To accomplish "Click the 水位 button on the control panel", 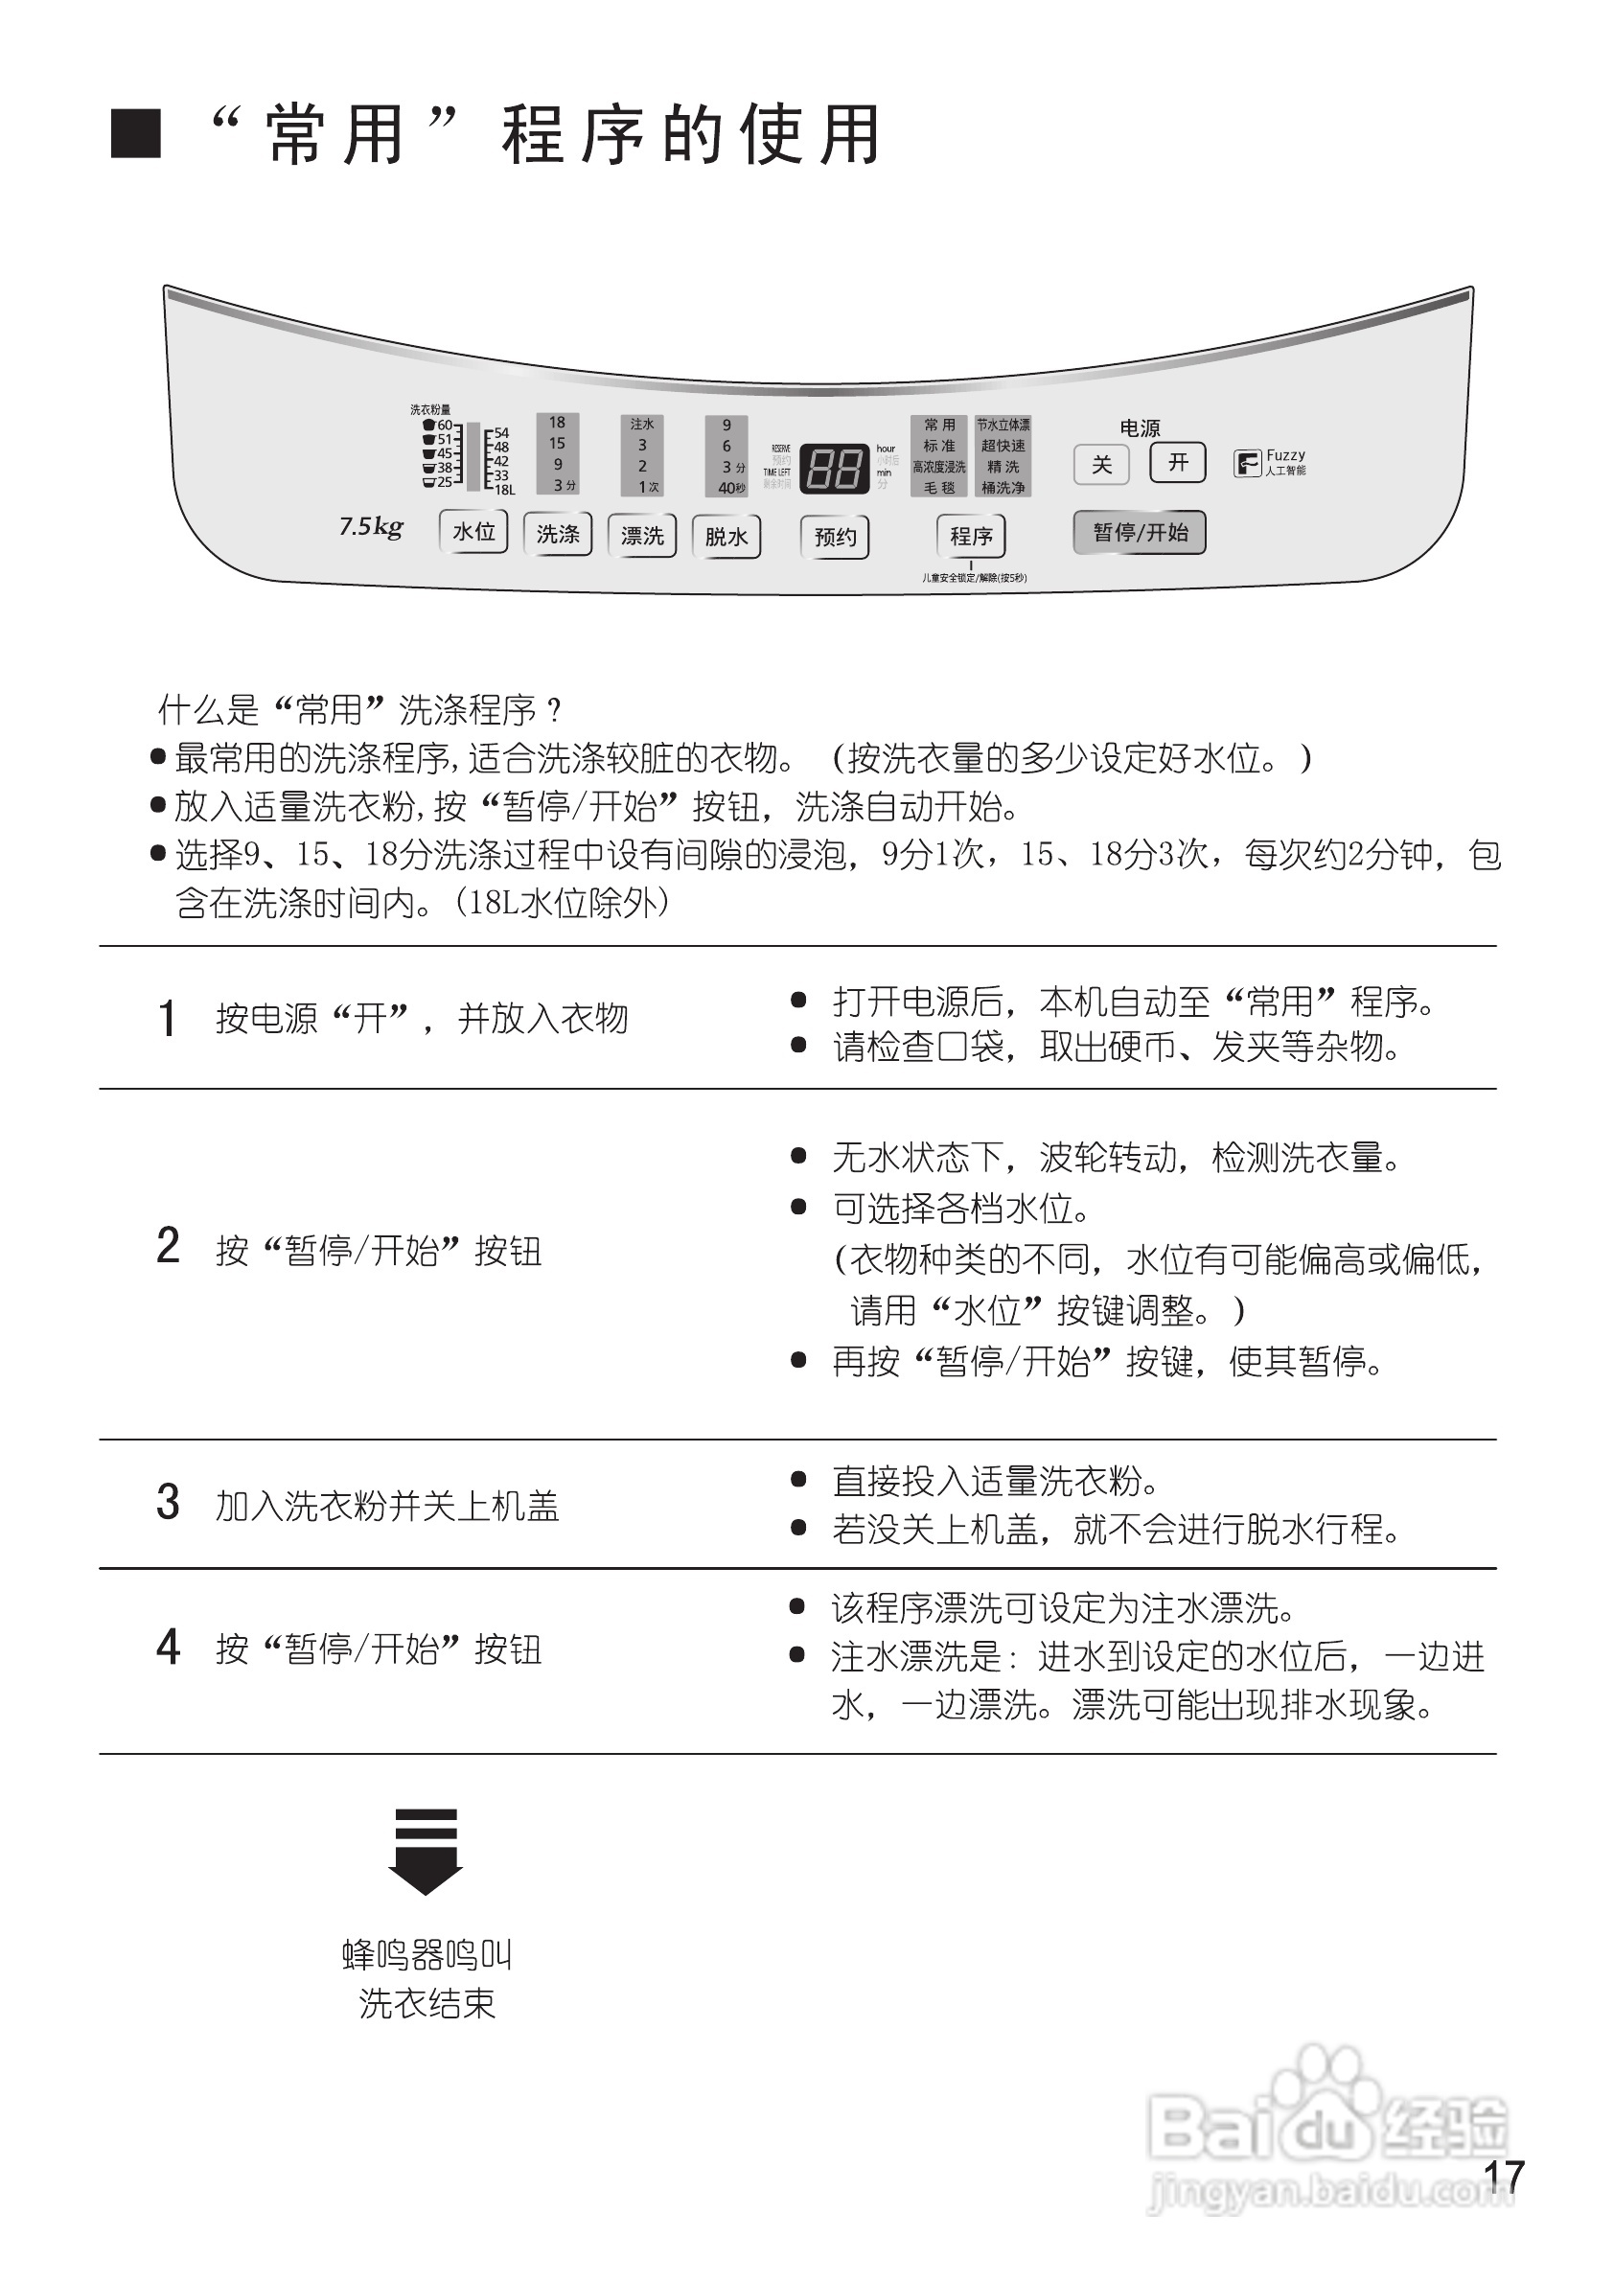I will coord(474,532).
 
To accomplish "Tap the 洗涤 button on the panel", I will coord(558,535).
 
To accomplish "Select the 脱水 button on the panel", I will coord(726,537).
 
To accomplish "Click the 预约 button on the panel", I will coord(835,538).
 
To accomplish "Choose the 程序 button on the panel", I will coord(971,537).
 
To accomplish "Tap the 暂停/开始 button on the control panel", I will coord(1140,533).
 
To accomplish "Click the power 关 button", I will coord(1101,464).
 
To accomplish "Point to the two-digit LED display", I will coord(834,467).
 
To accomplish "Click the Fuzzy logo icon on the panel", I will coord(1246,463).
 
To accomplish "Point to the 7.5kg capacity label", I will coord(371,527).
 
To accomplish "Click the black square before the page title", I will coord(135,133).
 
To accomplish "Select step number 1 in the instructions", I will coord(167,1019).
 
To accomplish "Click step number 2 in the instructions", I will coord(168,1246).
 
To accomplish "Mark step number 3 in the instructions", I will coord(168,1503).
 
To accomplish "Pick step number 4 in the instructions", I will coord(168,1648).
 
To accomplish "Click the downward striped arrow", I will coord(426,1851).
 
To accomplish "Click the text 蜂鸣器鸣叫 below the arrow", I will coord(427,1956).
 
